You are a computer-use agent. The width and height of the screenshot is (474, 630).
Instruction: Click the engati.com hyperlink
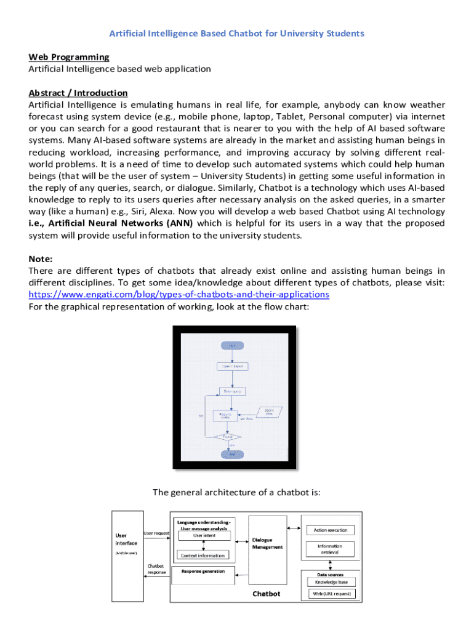pos(179,294)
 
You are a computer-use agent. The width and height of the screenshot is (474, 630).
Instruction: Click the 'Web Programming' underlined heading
pos(69,57)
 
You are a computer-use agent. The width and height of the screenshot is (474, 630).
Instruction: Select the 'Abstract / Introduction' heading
pos(78,93)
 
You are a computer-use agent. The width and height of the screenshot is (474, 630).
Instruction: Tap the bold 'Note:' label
pos(41,259)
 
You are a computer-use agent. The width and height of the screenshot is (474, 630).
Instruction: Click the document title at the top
pos(236,33)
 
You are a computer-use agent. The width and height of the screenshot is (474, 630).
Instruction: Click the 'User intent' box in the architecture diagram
pos(204,536)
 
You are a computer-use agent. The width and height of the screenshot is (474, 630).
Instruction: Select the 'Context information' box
pos(203,555)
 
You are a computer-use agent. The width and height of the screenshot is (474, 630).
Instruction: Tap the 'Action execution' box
pos(330,530)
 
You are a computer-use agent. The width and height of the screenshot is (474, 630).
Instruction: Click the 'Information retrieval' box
pos(330,549)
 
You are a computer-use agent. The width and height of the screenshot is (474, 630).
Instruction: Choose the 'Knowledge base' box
pos(331,582)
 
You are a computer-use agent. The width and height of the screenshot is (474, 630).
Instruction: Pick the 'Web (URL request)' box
pos(331,594)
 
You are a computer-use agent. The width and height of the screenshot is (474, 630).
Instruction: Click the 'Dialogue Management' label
pos(267,543)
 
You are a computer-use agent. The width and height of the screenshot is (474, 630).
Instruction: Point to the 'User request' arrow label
pos(156,533)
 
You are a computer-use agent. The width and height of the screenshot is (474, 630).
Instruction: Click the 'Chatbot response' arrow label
pos(156,568)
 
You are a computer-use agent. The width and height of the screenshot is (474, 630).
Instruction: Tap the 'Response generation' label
pos(203,571)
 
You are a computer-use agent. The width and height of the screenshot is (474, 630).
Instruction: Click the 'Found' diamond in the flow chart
pos(232,437)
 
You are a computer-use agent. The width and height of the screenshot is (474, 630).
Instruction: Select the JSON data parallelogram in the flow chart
pos(269,412)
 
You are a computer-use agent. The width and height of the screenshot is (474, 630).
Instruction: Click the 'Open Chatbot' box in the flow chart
pos(232,366)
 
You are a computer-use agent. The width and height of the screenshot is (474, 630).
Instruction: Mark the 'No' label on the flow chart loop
pos(201,416)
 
